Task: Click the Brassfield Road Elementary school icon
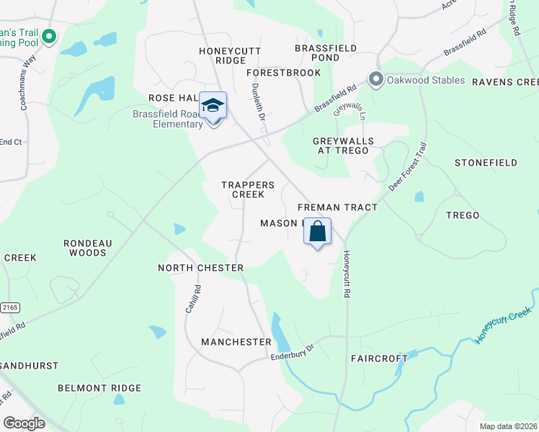tap(213, 107)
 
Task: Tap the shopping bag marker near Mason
tap(317, 232)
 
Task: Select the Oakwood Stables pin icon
tap(375, 79)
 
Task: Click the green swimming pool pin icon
tap(49, 36)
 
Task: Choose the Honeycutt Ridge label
tap(230, 55)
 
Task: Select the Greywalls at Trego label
tap(341, 145)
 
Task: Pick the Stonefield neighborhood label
tap(486, 163)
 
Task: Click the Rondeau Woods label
tap(88, 248)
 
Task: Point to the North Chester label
tap(201, 268)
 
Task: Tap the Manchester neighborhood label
tap(236, 341)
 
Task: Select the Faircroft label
tap(374, 358)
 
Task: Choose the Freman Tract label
tap(337, 207)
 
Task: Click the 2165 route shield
tap(10, 307)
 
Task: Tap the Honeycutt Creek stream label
tap(503, 325)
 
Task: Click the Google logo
tap(24, 423)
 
